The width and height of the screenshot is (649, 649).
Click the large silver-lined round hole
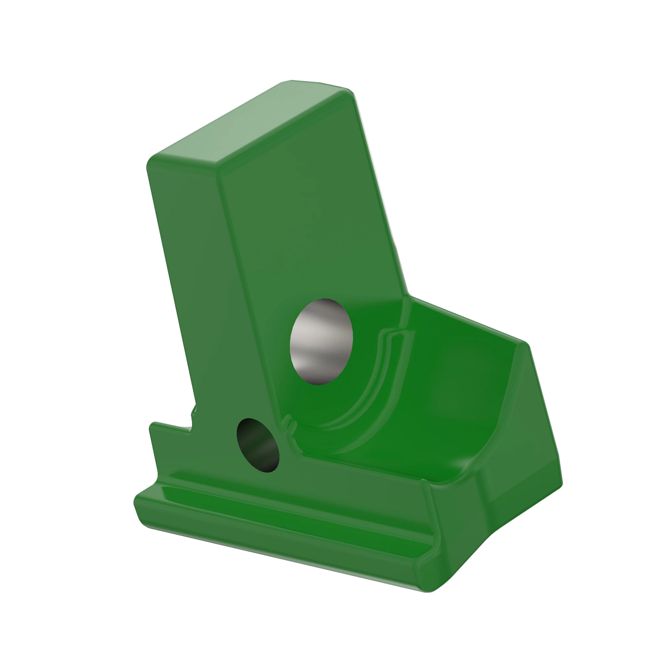coord(321,341)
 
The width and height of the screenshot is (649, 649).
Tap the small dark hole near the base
coord(259,445)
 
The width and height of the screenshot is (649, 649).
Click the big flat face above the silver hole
coord(303,216)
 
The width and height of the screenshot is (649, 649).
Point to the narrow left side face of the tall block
coord(189,270)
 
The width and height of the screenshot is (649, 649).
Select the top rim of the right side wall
coord(465,319)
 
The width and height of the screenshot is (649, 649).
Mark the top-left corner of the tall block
coord(154,160)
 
